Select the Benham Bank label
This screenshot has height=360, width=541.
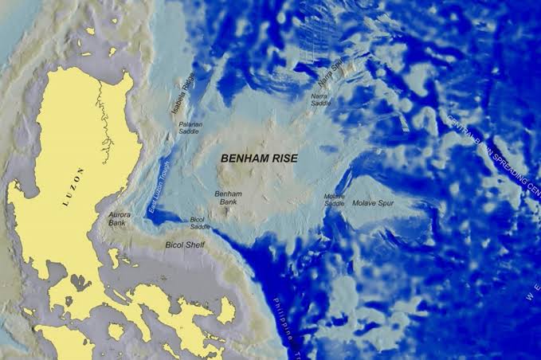point(228,198)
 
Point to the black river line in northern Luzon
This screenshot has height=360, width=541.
point(103,119)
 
